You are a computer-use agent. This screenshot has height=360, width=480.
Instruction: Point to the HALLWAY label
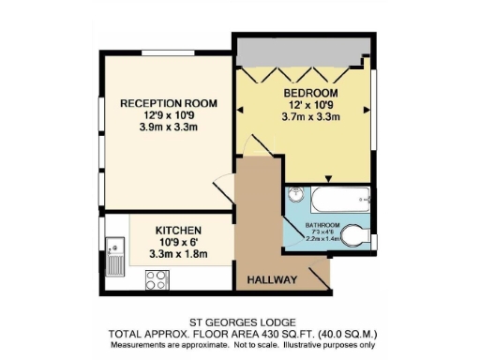pos(272,280)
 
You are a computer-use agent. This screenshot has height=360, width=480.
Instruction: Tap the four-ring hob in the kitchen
pos(157,278)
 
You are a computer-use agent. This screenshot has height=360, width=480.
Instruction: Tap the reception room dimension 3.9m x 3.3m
pos(155,127)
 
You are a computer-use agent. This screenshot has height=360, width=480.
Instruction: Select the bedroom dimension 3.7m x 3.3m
pos(309,117)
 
